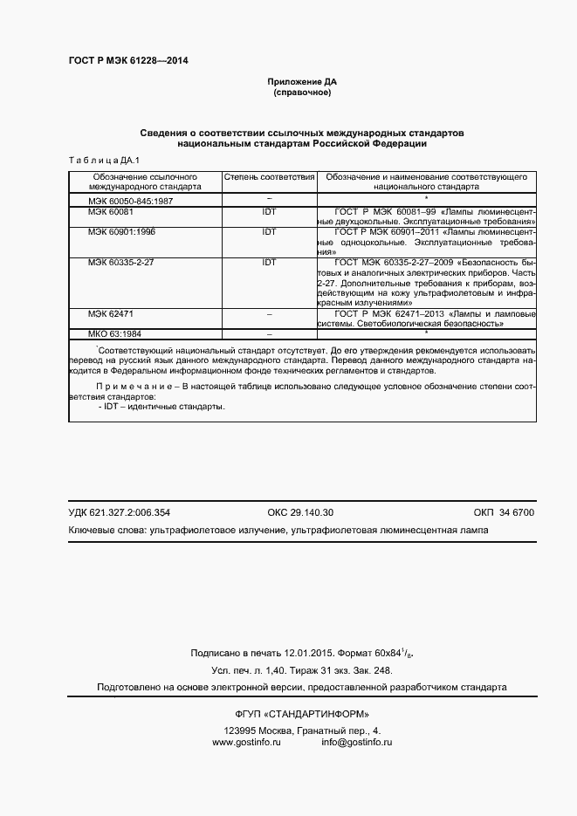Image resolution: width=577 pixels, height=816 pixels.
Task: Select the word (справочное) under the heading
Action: point(302,92)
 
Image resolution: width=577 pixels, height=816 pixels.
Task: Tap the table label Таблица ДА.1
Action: point(98,160)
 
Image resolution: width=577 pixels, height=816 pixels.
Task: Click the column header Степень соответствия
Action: point(269,176)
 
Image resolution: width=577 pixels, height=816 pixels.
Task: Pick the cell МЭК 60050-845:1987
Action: point(129,201)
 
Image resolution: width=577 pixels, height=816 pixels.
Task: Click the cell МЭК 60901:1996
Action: point(120,232)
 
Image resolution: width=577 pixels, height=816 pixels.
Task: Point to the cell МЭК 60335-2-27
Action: point(120,262)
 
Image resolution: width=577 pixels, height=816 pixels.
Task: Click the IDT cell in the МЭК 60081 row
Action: point(269,212)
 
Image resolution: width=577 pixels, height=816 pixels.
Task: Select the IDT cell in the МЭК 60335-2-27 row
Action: point(269,262)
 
